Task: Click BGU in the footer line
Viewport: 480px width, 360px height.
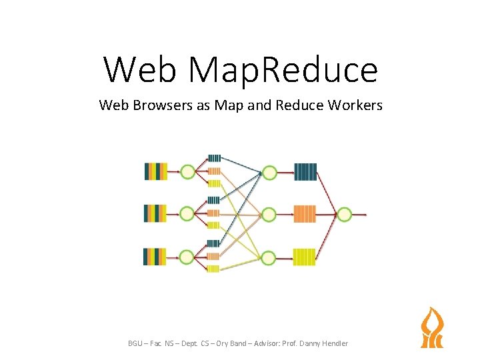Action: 136,343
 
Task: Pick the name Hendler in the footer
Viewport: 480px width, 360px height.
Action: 333,343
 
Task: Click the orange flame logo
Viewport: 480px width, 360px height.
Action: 431,327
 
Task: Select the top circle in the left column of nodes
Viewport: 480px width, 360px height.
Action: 187,172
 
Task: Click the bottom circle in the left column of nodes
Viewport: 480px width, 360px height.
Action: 187,256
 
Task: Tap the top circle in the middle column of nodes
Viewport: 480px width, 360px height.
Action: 269,173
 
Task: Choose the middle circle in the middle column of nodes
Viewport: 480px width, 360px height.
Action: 269,214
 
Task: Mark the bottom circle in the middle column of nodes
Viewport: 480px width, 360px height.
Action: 269,256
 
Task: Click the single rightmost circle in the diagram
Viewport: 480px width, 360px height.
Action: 344,214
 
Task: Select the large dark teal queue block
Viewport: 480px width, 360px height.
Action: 305,172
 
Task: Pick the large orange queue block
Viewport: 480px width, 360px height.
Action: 305,214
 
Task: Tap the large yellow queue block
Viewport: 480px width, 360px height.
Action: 305,257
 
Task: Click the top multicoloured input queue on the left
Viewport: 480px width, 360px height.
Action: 155,172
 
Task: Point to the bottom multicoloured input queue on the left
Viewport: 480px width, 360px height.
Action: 155,256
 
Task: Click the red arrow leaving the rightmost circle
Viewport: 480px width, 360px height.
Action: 359,215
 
